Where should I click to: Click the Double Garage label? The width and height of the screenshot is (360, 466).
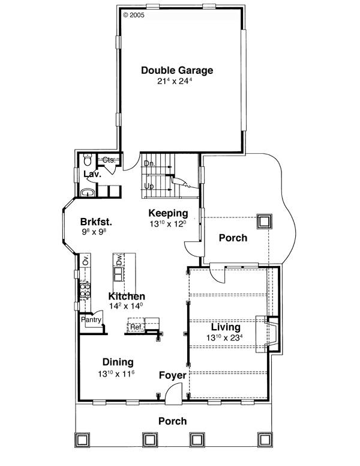(x=177, y=70)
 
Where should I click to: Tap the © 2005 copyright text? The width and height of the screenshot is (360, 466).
(x=134, y=15)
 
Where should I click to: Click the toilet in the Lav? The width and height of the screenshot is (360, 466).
(x=88, y=160)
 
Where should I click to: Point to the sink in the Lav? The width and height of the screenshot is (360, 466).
(x=88, y=193)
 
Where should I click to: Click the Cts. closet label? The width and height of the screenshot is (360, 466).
(x=109, y=160)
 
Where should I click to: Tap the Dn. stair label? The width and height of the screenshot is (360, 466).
(x=149, y=163)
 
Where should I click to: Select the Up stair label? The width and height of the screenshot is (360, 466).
(x=149, y=186)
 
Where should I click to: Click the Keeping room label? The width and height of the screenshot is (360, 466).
(x=168, y=213)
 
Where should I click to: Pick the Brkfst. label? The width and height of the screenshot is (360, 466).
(x=96, y=222)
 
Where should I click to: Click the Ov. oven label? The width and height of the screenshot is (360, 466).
(x=86, y=260)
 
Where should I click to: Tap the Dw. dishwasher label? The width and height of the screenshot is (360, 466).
(x=119, y=260)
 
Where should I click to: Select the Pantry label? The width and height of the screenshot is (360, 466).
(x=91, y=320)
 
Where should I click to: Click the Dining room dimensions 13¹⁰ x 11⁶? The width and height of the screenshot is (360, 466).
(x=116, y=374)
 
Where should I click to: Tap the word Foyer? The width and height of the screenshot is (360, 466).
(x=173, y=375)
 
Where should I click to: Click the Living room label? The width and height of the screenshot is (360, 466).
(x=226, y=327)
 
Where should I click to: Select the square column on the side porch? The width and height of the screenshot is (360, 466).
(x=265, y=222)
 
